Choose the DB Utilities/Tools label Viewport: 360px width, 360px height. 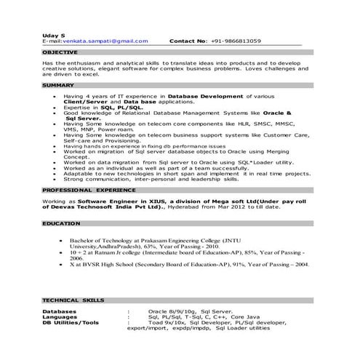point(71,323)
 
